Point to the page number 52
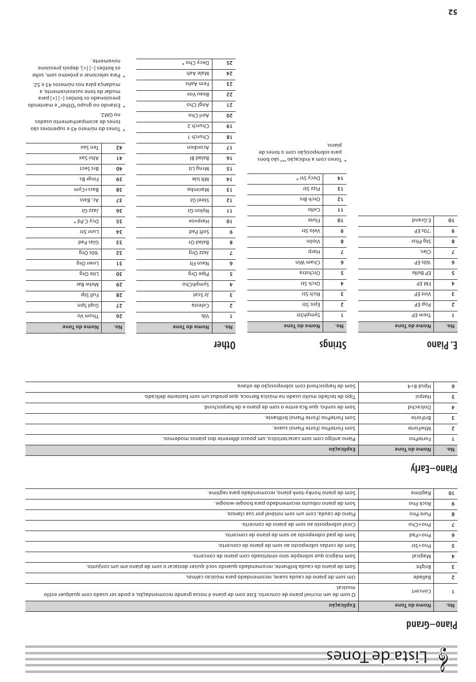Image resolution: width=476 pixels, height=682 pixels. (x=452, y=12)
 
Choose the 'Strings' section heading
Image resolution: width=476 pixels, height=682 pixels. (x=333, y=345)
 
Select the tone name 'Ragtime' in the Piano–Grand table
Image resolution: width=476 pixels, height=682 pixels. (x=421, y=493)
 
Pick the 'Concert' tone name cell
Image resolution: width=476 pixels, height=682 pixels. (x=421, y=591)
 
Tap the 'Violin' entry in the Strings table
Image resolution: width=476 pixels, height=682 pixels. (x=313, y=242)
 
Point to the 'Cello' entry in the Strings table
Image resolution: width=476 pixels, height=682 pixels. (x=314, y=210)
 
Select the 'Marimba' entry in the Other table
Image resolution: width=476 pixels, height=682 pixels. (x=198, y=190)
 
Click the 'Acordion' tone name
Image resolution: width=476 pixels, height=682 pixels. (x=198, y=147)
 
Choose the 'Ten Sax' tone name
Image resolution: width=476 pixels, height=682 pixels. (x=90, y=147)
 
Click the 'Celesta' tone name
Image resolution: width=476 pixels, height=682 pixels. (x=200, y=305)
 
